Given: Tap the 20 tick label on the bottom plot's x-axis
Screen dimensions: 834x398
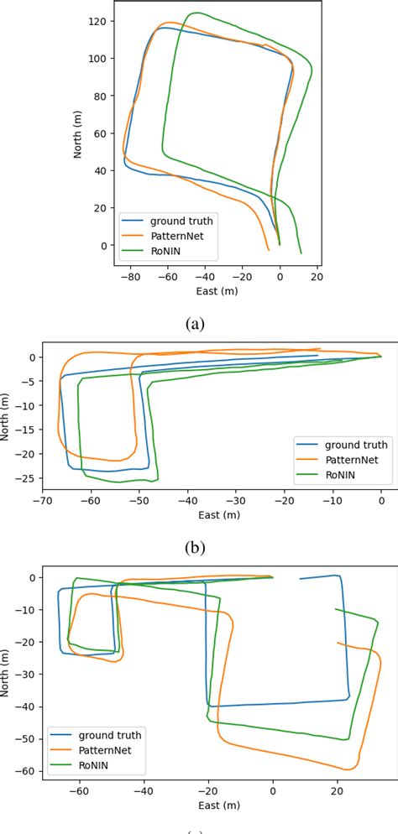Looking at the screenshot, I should (337, 790).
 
